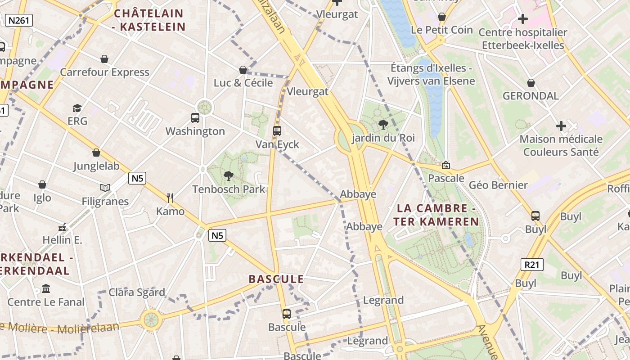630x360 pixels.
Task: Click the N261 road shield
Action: [19, 20]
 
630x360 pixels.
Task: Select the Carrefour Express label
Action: [104, 72]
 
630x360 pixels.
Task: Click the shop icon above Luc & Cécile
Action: [243, 70]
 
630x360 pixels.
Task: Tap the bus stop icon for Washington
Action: [195, 118]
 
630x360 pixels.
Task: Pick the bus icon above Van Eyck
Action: [277, 131]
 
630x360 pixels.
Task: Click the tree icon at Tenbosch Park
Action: [229, 175]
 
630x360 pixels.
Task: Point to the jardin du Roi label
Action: [383, 138]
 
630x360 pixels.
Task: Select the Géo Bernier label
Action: [498, 185]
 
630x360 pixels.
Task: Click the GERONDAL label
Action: [531, 96]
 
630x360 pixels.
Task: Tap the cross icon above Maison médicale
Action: [561, 126]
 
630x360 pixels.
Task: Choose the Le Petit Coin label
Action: [442, 30]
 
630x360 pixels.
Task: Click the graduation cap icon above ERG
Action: [77, 108]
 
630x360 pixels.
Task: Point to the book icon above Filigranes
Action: [105, 188]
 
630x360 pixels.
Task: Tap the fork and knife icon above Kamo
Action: [170, 198]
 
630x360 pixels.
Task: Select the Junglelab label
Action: [96, 166]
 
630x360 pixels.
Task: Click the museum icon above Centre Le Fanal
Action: [46, 288]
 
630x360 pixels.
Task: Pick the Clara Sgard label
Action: [137, 292]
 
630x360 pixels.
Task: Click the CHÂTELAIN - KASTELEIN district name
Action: [149, 20]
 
